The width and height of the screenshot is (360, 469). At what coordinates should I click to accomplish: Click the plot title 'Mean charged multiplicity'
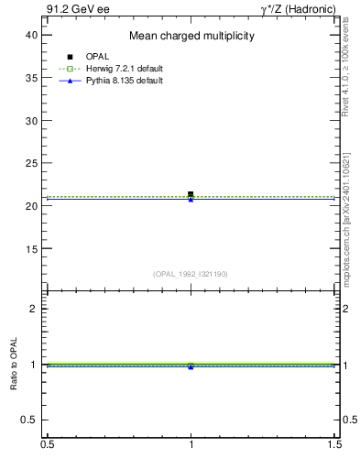(191, 36)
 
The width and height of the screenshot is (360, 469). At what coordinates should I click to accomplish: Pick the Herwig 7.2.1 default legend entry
(107, 69)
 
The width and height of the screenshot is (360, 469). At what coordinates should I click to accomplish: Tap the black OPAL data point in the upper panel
(191, 194)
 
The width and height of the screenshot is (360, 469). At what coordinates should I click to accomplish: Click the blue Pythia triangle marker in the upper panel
(191, 199)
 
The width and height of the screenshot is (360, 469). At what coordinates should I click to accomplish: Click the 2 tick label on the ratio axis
(34, 309)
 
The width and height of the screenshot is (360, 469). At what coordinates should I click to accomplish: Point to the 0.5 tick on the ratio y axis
(30, 420)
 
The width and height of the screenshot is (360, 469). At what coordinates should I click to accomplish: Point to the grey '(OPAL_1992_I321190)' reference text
(191, 274)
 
